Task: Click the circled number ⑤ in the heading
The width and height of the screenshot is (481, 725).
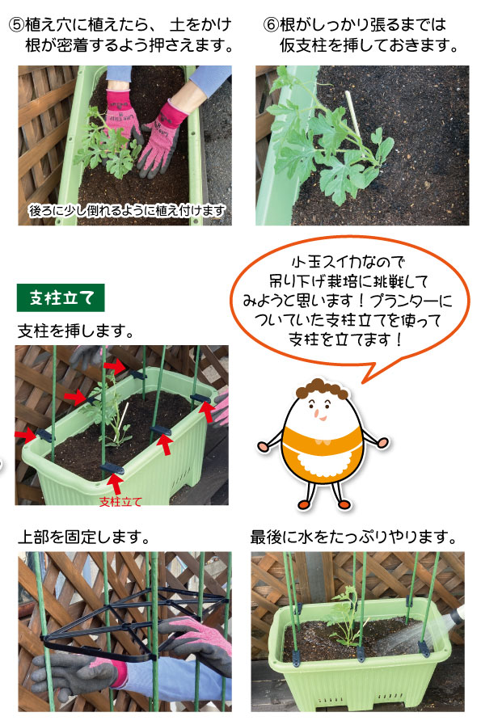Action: pyautogui.click(x=17, y=24)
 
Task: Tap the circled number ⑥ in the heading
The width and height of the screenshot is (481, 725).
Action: pyautogui.click(x=271, y=24)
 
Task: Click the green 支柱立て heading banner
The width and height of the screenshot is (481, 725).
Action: pyautogui.click(x=61, y=297)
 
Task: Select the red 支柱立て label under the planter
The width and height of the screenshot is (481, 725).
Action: pyautogui.click(x=120, y=501)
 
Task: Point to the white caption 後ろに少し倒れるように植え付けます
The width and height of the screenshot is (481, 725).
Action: pyautogui.click(x=127, y=210)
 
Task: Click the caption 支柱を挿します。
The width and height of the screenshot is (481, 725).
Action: pyautogui.click(x=76, y=331)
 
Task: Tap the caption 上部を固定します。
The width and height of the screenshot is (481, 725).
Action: pyautogui.click(x=84, y=537)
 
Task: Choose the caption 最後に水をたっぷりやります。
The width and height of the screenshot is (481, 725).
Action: pyautogui.click(x=353, y=537)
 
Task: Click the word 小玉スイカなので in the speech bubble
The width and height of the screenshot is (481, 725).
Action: pyautogui.click(x=348, y=262)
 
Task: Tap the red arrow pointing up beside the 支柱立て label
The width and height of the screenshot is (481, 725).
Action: pyautogui.click(x=116, y=485)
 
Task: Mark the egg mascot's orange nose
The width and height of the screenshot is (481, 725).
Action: pyautogui.click(x=316, y=412)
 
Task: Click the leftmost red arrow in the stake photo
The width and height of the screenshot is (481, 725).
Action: pyautogui.click(x=25, y=434)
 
